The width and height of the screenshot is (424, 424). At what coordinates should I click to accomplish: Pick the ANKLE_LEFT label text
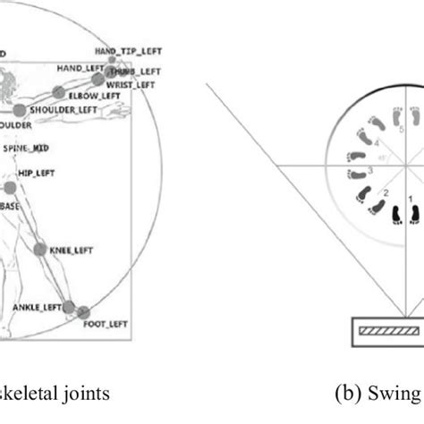pos(38,307)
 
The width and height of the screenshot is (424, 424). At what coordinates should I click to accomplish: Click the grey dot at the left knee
pos(40,251)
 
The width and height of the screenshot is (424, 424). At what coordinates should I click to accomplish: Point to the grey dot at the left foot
pos(83,313)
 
